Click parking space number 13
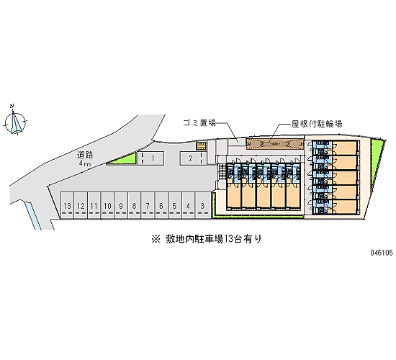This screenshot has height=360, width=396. (x=67, y=205)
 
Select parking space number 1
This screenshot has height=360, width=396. (x=150, y=158)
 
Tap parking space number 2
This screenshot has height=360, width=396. (x=193, y=158)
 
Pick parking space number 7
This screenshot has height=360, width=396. (x=148, y=205)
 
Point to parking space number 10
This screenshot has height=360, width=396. (x=107, y=205)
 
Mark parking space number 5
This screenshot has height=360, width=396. (x=174, y=205)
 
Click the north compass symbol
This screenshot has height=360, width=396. (x=15, y=120)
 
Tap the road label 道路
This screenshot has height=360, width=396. (x=85, y=155)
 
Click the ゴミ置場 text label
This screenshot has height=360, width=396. (x=199, y=123)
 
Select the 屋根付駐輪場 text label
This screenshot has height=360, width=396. (x=317, y=124)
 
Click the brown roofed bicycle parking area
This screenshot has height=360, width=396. (x=275, y=144)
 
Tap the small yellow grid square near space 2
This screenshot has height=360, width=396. (x=202, y=146)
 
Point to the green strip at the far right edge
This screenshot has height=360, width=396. (x=377, y=162)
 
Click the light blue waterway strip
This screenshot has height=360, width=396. (x=32, y=215)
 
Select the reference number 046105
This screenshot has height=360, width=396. (x=382, y=253)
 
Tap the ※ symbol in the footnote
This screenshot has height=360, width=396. (x=156, y=239)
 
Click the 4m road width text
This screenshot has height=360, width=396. (x=85, y=163)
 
